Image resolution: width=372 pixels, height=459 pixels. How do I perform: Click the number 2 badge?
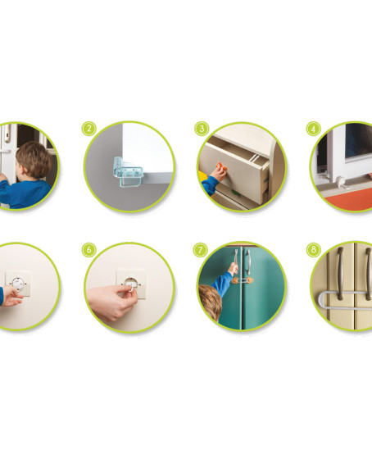coord(89,129)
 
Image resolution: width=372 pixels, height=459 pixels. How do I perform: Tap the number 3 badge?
coord(202,129)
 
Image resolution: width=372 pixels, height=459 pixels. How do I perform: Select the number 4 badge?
coord(314,129)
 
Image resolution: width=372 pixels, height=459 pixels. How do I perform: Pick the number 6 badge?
coord(89,250)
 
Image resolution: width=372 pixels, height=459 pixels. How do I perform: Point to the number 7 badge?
coord(201,250)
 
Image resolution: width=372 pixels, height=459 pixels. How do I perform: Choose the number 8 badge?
coord(314,250)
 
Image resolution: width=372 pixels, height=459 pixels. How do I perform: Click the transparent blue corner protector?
coord(126,172)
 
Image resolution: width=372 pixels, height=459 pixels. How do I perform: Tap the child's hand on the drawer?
coord(218,174)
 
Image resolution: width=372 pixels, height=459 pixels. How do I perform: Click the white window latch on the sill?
coord(342,183)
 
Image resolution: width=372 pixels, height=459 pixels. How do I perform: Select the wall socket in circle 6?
coord(131,284)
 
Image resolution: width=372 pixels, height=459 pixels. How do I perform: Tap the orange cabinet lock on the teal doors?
coord(243,280)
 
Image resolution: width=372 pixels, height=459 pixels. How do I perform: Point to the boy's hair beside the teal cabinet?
coord(210,302)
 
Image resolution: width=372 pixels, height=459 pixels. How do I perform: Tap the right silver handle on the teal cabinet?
coord(248,262)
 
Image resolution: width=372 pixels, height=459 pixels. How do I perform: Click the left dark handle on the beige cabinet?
coord(340,274)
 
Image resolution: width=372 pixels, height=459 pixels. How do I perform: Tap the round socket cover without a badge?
coord(19,284)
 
